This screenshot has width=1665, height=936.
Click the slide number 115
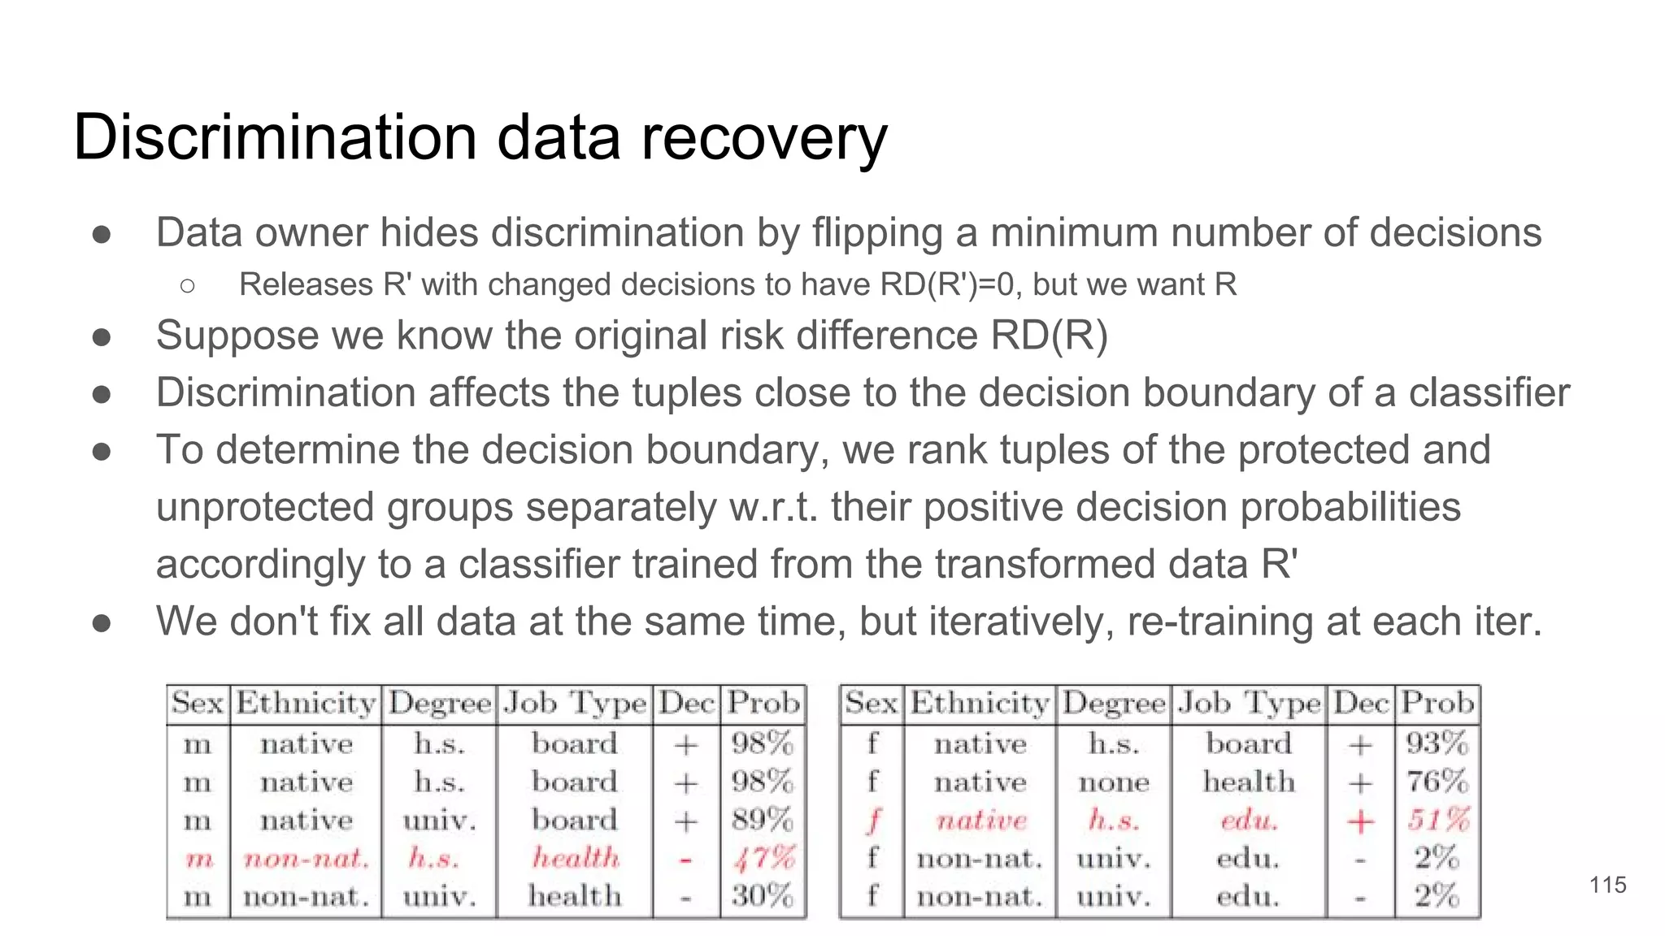(x=1607, y=885)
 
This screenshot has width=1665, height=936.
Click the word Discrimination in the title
(x=275, y=137)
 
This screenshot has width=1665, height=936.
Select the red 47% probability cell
(x=763, y=858)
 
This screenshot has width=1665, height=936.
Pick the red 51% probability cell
(x=1437, y=820)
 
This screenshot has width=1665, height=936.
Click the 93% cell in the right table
(x=1437, y=743)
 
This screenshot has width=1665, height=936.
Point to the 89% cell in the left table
(x=763, y=820)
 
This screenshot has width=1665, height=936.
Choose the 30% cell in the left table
(x=763, y=896)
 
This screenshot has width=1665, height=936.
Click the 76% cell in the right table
(x=1437, y=782)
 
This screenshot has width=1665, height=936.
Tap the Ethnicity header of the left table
(x=306, y=703)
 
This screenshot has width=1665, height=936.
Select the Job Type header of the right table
(x=1249, y=703)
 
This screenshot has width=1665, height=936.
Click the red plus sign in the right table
(x=1360, y=821)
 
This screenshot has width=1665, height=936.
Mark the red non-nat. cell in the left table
(x=306, y=859)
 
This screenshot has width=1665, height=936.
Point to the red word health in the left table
(x=575, y=858)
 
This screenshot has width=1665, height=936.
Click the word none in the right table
(x=1114, y=782)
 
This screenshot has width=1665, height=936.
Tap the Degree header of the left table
(x=440, y=704)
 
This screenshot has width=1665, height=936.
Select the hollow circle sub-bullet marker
(x=188, y=286)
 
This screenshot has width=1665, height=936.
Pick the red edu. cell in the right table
(x=1249, y=821)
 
